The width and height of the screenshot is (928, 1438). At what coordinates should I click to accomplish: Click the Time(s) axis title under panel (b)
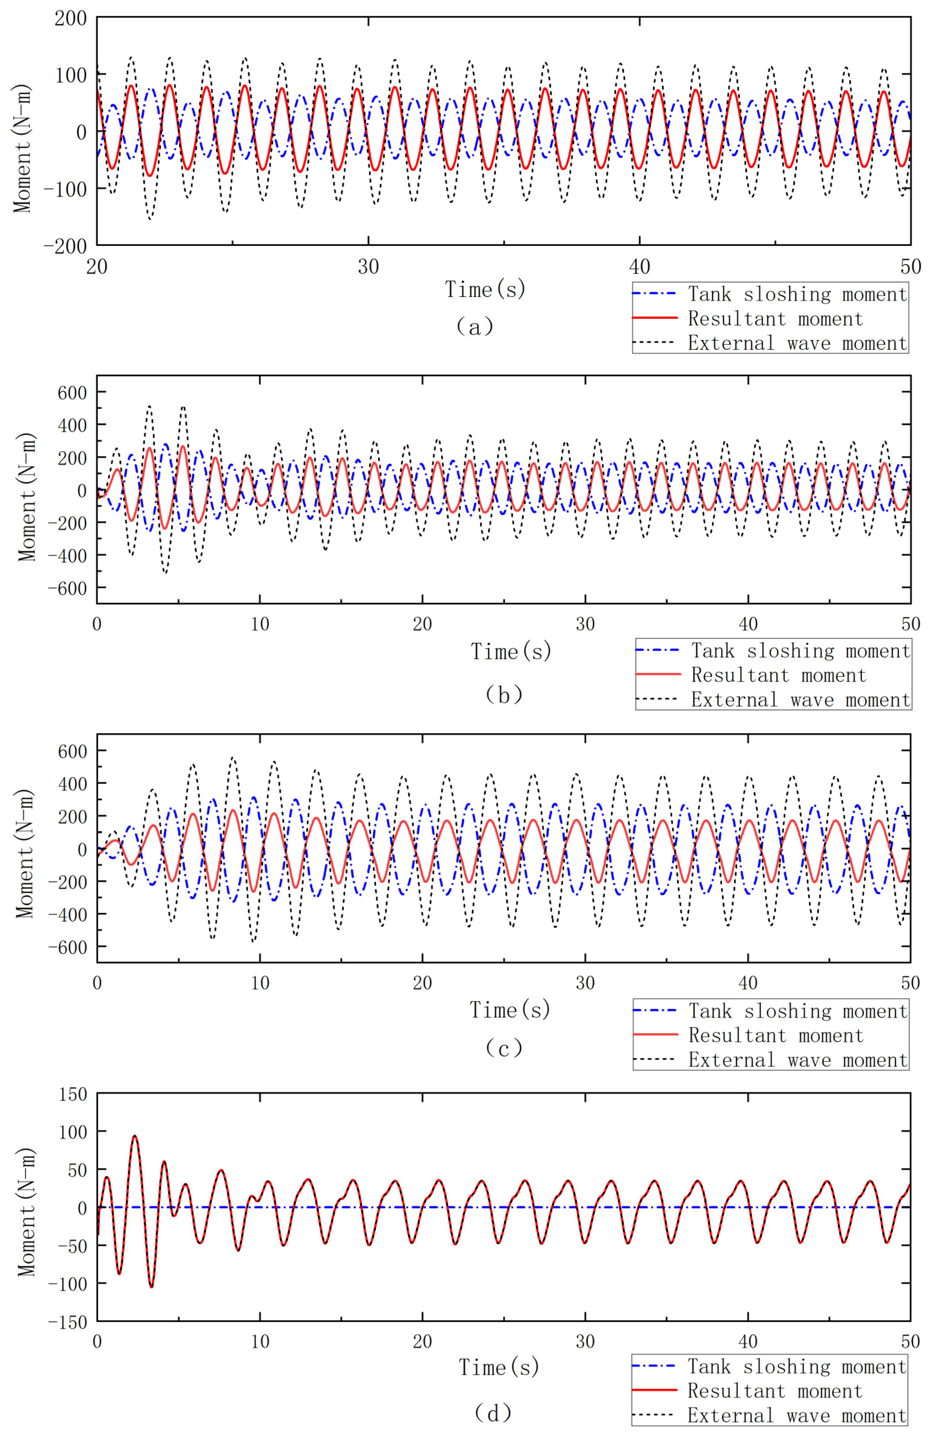click(x=511, y=651)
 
